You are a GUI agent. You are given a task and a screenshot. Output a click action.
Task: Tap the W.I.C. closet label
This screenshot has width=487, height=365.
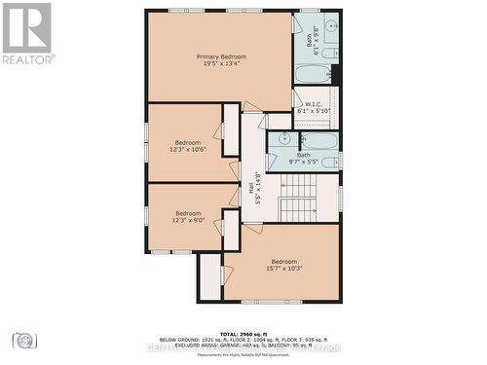click(x=314, y=104)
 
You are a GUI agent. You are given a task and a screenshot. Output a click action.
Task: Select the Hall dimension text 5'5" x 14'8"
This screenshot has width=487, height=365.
click(x=258, y=188)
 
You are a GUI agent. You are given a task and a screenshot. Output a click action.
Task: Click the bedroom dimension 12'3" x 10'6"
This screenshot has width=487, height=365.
click(x=188, y=148)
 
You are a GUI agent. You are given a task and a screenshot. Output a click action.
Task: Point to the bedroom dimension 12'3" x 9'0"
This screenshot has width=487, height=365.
click(x=188, y=220)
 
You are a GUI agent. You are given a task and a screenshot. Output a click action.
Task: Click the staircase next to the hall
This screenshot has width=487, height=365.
click(x=299, y=207)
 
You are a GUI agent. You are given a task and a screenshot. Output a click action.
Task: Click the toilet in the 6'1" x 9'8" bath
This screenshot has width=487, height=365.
click(x=329, y=52)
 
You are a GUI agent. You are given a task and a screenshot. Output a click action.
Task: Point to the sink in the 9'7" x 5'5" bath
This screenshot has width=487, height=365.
click(x=283, y=139)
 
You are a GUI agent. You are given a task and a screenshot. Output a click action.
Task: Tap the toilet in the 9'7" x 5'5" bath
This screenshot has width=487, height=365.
click(x=329, y=162)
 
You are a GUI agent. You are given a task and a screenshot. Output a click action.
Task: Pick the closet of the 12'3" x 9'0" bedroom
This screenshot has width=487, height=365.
click(x=230, y=230)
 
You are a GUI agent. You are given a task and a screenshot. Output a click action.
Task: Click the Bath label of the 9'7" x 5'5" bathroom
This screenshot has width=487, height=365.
click(x=304, y=155)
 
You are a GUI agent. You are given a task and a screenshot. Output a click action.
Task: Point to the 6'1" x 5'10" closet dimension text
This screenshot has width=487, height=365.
click(x=314, y=112)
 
